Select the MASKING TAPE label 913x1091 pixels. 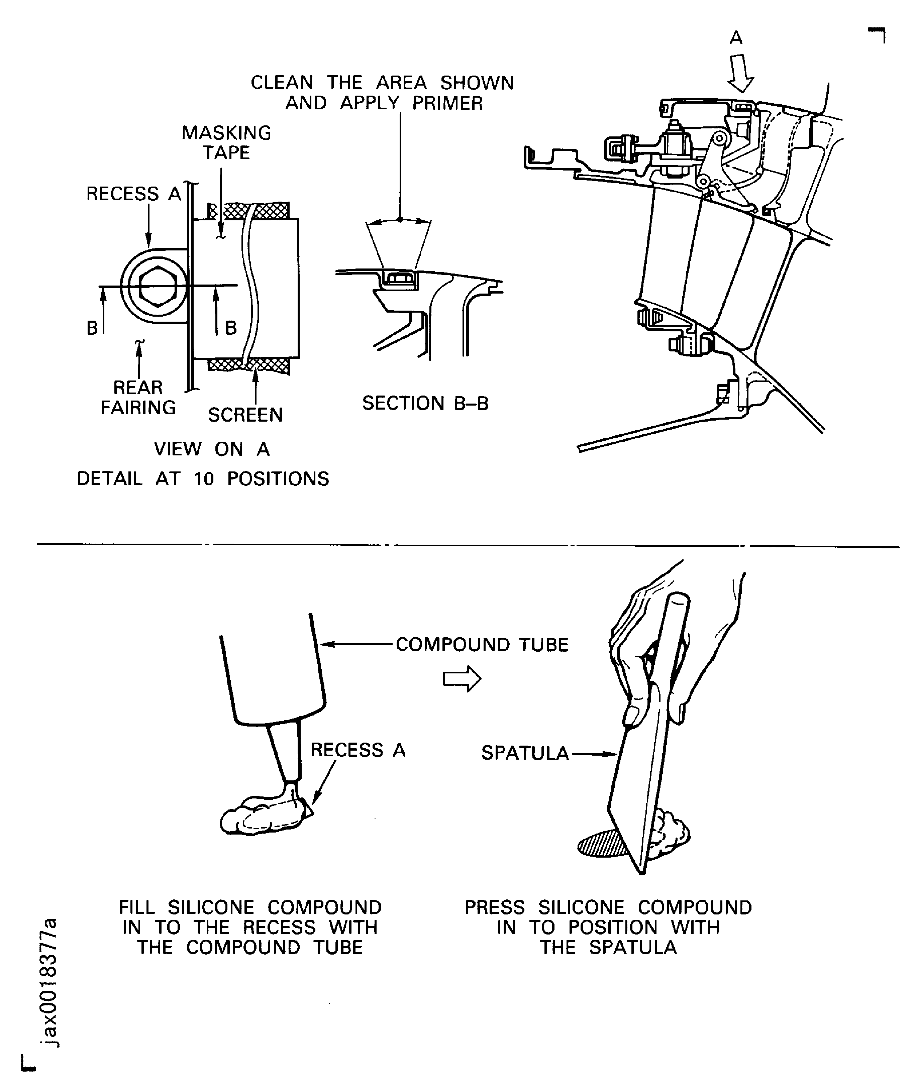[x=226, y=142]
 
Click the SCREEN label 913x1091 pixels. [x=245, y=415]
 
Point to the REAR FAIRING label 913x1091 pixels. [x=138, y=398]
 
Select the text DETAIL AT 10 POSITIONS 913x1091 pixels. [x=203, y=478]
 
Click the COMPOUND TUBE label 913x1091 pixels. [x=482, y=645]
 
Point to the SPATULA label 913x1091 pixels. [x=525, y=753]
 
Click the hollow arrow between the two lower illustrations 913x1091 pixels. [x=462, y=678]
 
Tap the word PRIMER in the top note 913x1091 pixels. [x=447, y=103]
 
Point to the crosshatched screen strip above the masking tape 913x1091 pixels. [x=248, y=210]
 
